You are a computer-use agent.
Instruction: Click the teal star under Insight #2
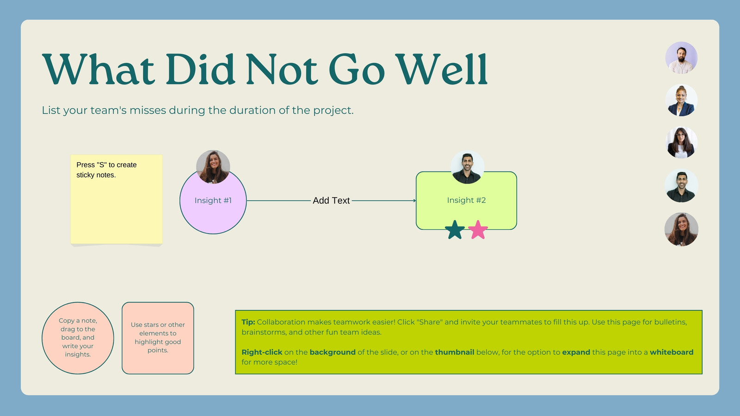(x=455, y=230)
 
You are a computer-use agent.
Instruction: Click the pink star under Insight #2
(x=478, y=230)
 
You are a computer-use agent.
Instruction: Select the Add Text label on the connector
(x=331, y=201)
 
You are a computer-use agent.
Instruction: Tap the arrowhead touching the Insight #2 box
(x=414, y=201)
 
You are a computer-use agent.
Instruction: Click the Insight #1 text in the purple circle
(x=213, y=201)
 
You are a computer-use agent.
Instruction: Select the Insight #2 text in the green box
(x=467, y=200)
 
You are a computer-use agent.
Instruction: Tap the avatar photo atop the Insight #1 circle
(x=213, y=167)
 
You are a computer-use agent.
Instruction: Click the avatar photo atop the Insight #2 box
(x=467, y=167)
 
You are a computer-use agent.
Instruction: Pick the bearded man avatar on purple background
(x=681, y=58)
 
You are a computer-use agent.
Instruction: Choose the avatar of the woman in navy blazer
(x=681, y=100)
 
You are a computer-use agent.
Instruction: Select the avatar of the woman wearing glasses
(x=681, y=143)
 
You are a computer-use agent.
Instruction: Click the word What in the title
(x=99, y=69)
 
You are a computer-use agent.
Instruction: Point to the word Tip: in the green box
(x=248, y=322)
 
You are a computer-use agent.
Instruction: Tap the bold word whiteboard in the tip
(x=672, y=352)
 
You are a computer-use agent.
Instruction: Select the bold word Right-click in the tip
(x=262, y=352)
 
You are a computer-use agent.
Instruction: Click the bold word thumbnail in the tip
(x=455, y=352)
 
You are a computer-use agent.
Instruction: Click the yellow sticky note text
(x=106, y=170)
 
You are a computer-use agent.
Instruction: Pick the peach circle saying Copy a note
(x=78, y=338)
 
